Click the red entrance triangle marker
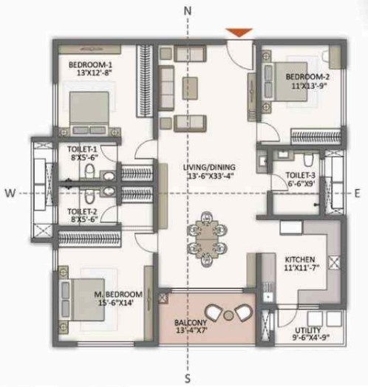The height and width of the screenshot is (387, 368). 239,32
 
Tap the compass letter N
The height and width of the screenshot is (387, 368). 188,10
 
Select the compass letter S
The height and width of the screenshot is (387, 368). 188,379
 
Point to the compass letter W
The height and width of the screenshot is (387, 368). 10,193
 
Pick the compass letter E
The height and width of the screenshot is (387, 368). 358,193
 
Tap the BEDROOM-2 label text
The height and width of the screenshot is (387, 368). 307,78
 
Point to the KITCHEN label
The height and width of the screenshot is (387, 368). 301,260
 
